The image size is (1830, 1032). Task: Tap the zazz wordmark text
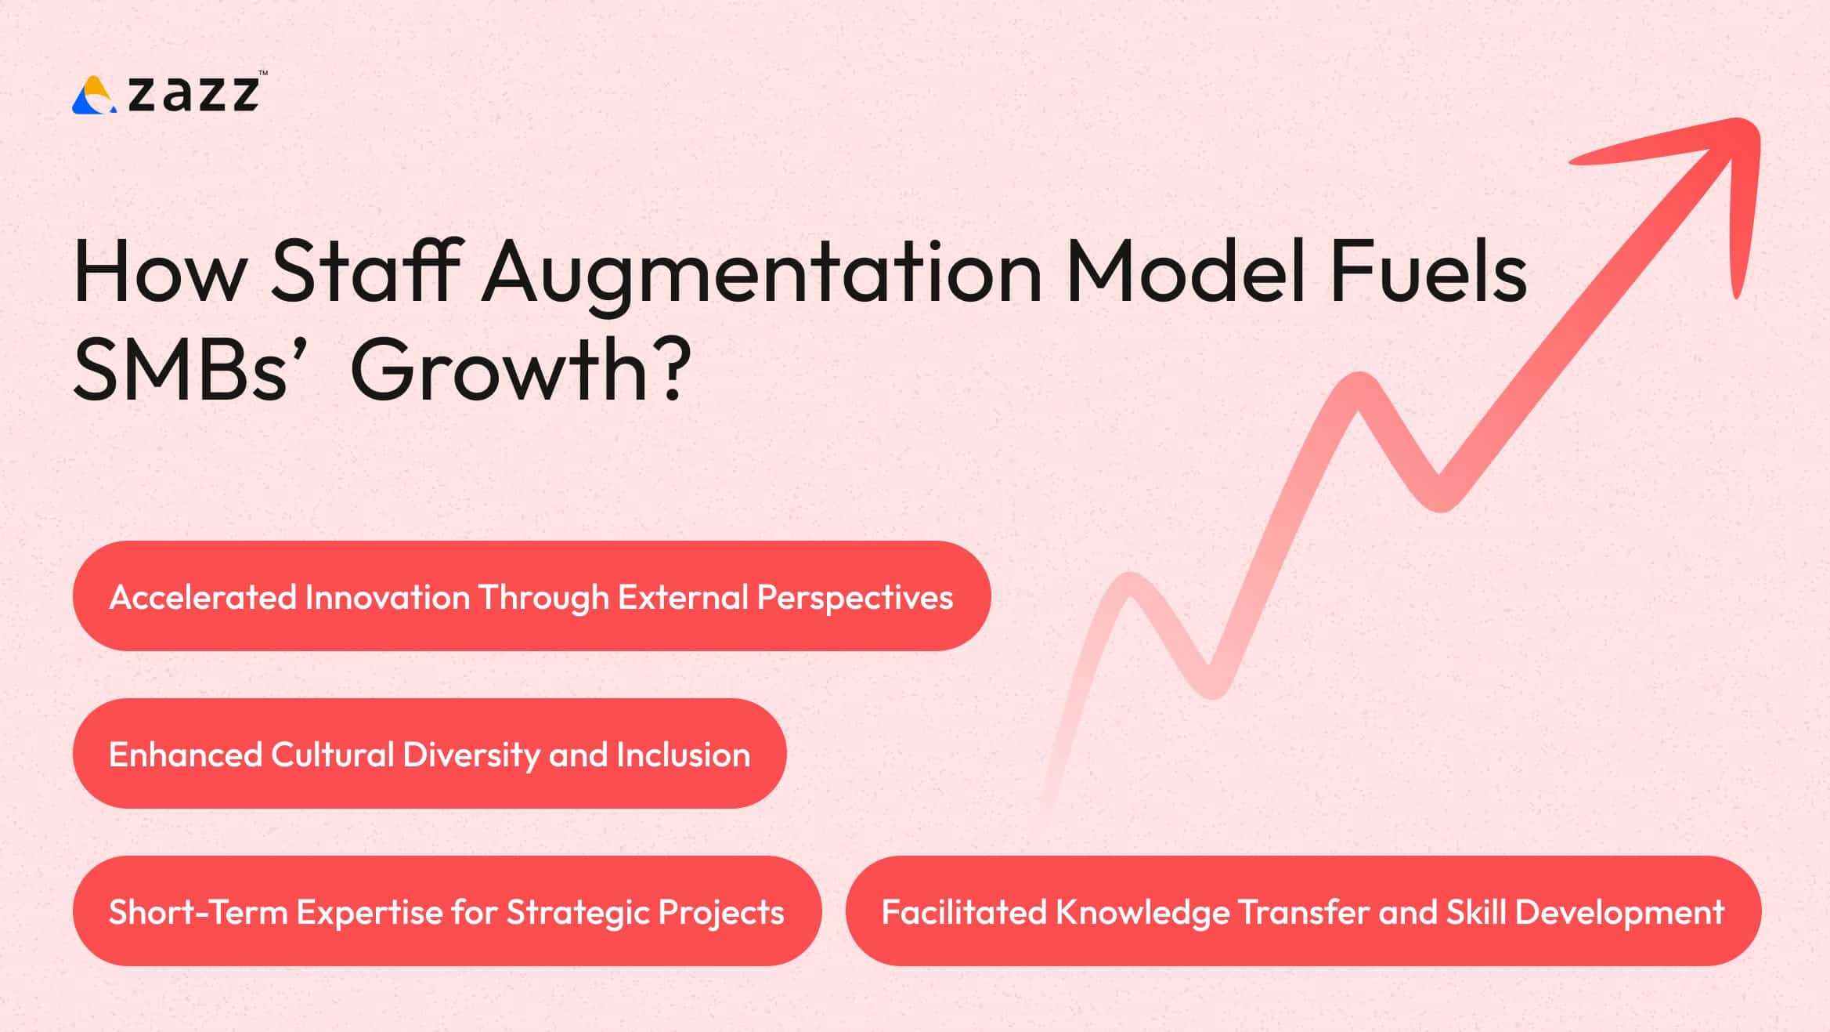tap(193, 94)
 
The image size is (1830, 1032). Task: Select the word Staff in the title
tap(364, 271)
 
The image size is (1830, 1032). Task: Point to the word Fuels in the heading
tap(1428, 271)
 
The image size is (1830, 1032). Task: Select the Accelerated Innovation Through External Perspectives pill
tap(531, 596)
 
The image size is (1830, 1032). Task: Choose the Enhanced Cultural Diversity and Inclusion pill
tap(429, 754)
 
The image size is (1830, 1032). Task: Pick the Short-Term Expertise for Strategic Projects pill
tap(446, 911)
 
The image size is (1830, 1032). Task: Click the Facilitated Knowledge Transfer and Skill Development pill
tap(1303, 911)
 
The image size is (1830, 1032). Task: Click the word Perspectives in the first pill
tap(854, 598)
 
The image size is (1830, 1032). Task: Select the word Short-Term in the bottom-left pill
tap(197, 912)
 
